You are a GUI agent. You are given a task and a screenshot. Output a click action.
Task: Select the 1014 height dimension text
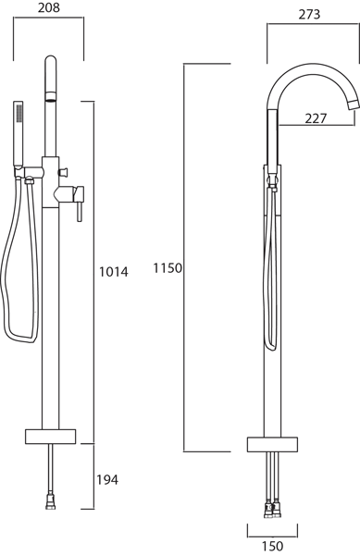113,271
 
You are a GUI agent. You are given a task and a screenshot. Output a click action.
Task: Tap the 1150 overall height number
168,268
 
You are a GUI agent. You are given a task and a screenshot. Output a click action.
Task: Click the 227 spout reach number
316,117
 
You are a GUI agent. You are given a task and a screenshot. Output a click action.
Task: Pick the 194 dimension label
107,479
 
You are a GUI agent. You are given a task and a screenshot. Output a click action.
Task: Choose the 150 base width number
272,547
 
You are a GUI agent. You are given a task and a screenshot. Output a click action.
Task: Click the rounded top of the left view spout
51,63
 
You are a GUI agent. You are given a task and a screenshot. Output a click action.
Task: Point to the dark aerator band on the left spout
51,98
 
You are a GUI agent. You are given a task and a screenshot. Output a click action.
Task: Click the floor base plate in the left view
51,435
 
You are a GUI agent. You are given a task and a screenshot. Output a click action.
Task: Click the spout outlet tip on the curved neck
352,103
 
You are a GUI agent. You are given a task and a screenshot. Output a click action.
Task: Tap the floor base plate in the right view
272,443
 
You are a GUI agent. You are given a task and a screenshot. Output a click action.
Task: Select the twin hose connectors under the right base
272,507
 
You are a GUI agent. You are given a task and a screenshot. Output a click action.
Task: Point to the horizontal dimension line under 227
316,127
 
